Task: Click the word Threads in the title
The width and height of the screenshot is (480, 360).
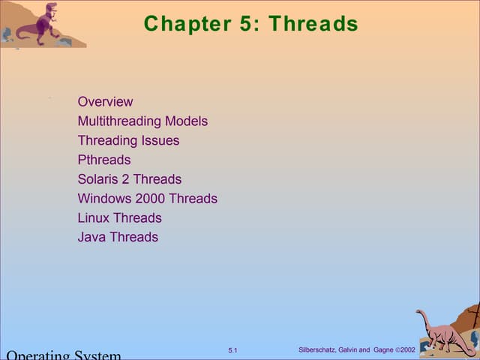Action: click(x=313, y=24)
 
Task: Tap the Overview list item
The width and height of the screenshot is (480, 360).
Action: click(x=105, y=102)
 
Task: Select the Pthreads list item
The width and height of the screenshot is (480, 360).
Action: click(x=103, y=160)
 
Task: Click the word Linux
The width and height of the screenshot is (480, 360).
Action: click(x=93, y=218)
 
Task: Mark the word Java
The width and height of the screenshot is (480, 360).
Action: click(x=91, y=238)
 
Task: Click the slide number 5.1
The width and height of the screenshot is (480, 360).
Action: click(x=232, y=351)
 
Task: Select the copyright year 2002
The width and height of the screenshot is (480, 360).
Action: click(x=408, y=350)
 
